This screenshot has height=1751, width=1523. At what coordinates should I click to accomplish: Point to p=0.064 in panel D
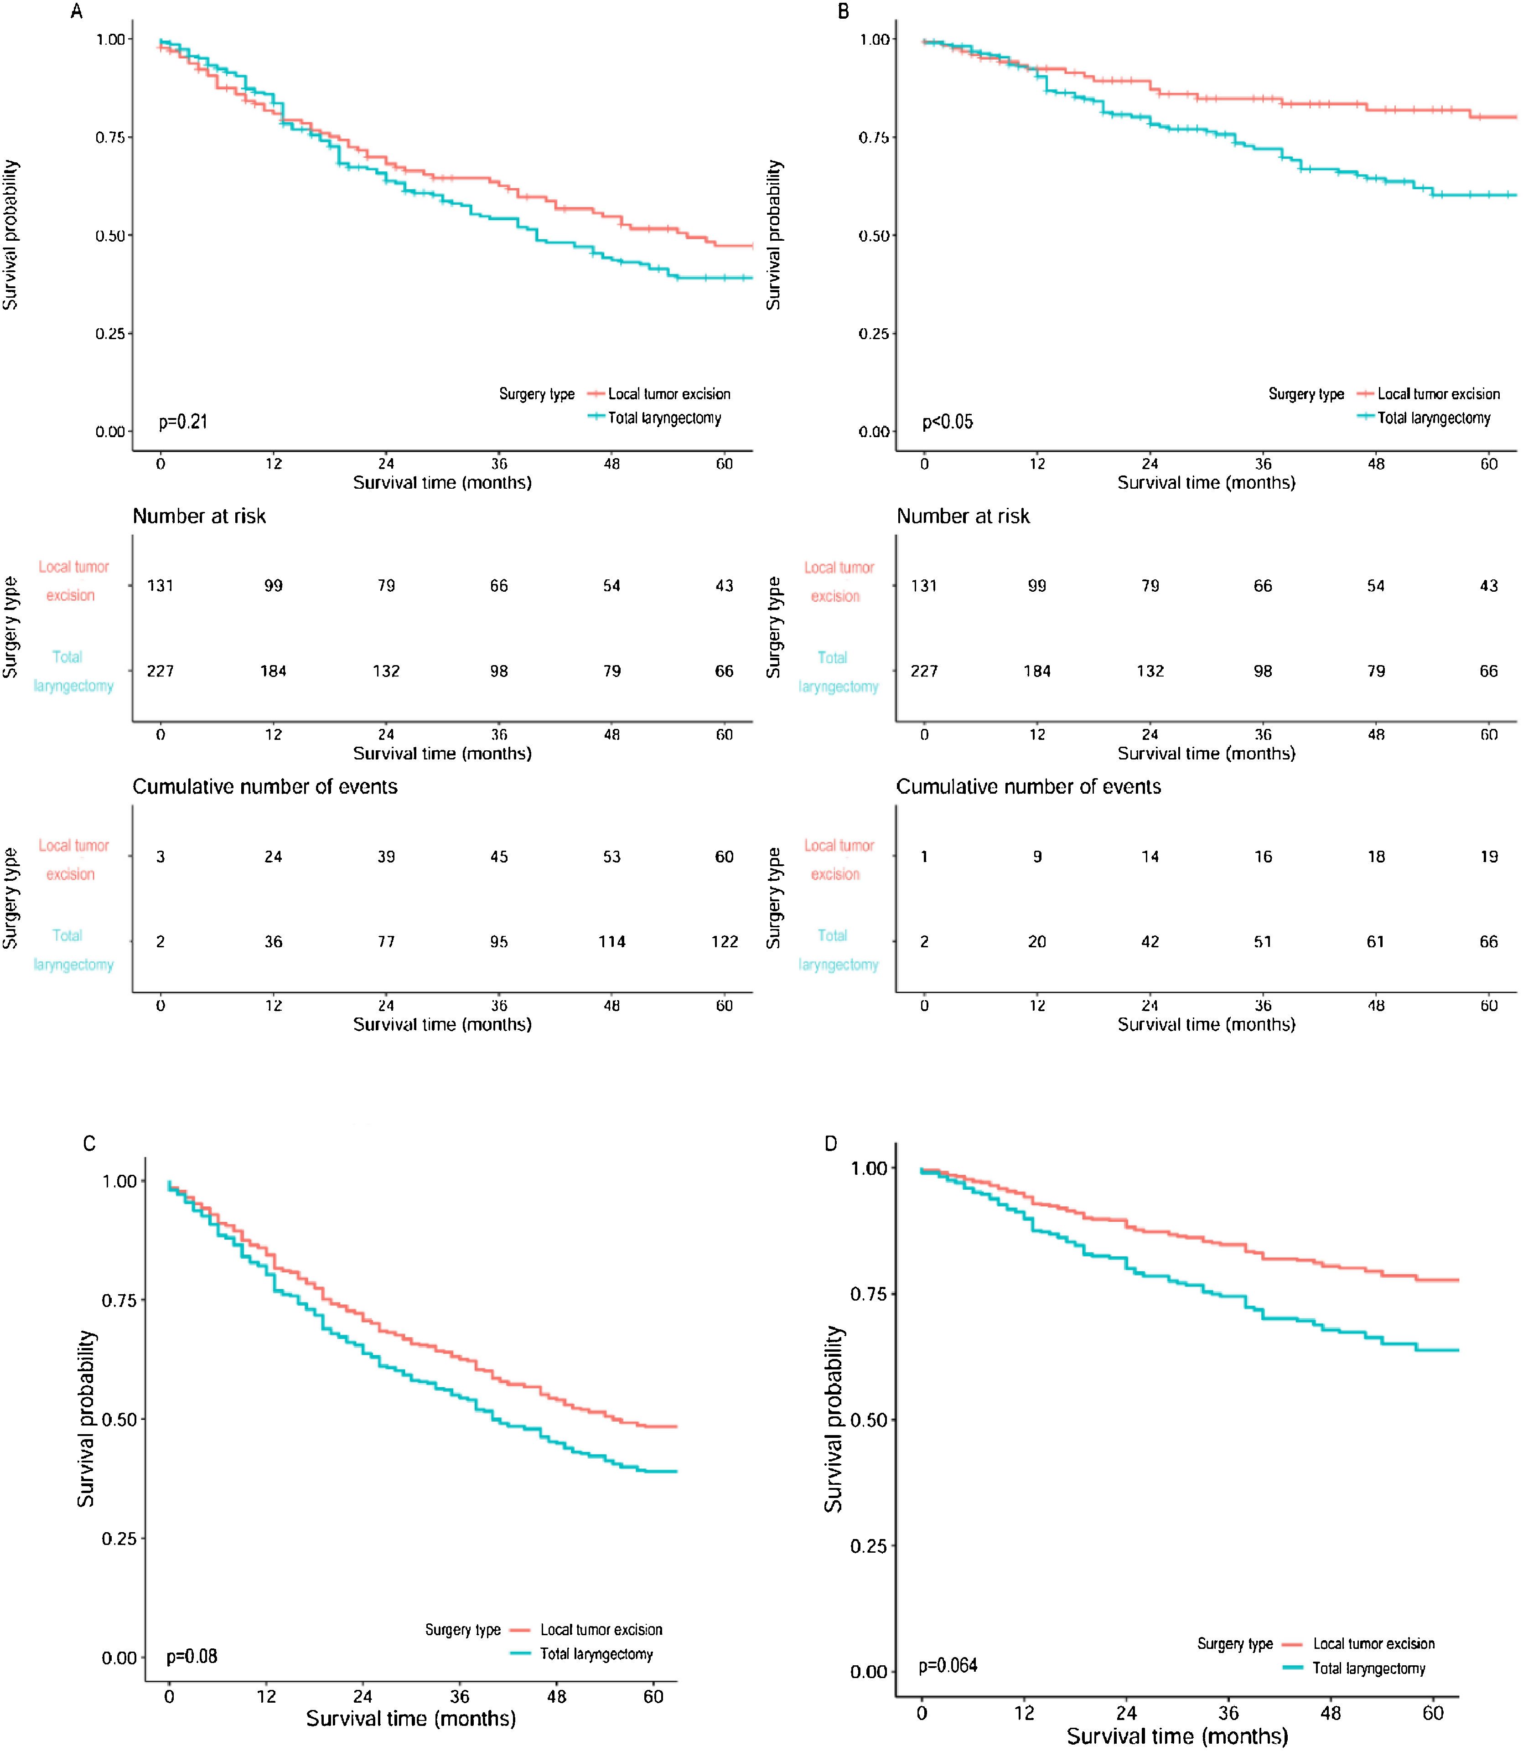click(948, 1665)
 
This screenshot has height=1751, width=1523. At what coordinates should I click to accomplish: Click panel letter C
click(89, 1143)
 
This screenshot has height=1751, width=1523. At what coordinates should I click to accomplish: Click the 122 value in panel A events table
click(724, 941)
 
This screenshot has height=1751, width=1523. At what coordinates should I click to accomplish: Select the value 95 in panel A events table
click(499, 941)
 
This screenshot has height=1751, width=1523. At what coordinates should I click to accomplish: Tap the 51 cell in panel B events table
click(1263, 941)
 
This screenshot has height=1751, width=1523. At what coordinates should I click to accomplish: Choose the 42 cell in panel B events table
click(1150, 941)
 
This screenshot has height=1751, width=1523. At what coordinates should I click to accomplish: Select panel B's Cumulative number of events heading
click(1028, 787)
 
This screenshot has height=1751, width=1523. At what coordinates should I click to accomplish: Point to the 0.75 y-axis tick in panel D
click(869, 1294)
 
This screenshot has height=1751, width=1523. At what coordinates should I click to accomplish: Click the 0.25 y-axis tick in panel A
click(110, 334)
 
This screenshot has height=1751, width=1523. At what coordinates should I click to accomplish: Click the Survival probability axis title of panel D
click(834, 1419)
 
